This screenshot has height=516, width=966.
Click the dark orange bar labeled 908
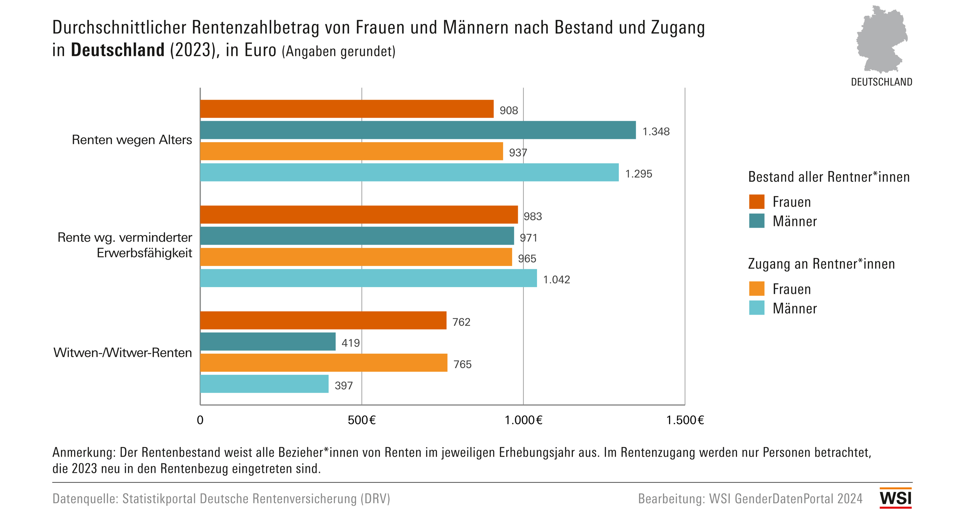346,109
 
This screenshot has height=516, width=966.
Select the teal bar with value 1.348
418,130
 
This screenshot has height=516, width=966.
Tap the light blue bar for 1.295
409,172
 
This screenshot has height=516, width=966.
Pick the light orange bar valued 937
352,151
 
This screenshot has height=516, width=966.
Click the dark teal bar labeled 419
268,341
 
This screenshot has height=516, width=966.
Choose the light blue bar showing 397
264,384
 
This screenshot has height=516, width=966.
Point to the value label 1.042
556,279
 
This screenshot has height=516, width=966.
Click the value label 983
533,216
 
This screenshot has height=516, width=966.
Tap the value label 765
463,364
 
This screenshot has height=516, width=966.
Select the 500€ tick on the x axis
362,420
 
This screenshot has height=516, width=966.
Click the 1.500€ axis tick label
685,420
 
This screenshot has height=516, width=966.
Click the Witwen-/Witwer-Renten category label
123,352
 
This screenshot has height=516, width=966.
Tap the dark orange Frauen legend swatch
756,202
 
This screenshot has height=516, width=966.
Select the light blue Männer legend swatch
756,308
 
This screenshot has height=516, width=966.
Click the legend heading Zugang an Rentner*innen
821,264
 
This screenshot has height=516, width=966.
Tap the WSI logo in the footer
895,498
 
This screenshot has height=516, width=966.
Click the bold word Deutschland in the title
118,50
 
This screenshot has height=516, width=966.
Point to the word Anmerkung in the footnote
84,452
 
